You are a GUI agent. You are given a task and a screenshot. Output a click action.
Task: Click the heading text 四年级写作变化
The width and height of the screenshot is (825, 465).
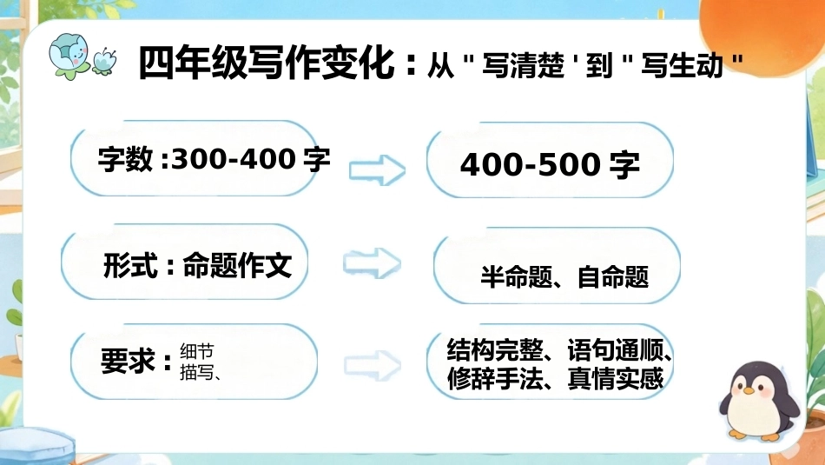(267, 63)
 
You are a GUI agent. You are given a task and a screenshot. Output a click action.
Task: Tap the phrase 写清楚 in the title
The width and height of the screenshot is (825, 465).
(523, 66)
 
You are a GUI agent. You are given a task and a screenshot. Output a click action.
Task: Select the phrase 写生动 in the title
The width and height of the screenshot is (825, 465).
(682, 66)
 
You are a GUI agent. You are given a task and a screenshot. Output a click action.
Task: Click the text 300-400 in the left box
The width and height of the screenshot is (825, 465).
(233, 158)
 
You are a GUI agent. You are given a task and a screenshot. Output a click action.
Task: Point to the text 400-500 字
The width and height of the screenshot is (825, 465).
(550, 164)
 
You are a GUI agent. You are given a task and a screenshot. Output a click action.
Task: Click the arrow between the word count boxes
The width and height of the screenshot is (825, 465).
(377, 170)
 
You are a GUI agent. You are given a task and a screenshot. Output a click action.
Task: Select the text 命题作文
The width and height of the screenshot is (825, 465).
(237, 265)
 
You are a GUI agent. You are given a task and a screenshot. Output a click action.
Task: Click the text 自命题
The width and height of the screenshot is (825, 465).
(613, 277)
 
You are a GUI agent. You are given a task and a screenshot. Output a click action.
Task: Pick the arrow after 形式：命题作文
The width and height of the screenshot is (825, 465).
(372, 262)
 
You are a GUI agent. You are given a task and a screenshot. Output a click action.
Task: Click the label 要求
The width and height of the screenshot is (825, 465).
(128, 362)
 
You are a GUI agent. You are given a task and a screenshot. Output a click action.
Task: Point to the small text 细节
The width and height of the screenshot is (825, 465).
(197, 351)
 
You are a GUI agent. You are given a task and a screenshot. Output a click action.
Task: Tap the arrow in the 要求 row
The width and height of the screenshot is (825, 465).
(373, 365)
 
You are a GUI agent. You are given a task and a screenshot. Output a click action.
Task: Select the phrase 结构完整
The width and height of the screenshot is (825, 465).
(495, 349)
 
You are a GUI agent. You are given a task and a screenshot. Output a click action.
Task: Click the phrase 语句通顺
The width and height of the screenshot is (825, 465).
(615, 349)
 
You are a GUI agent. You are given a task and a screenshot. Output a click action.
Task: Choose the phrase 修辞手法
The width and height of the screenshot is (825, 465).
(495, 378)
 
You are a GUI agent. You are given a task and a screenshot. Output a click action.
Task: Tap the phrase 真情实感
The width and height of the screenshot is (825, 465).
(616, 378)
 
